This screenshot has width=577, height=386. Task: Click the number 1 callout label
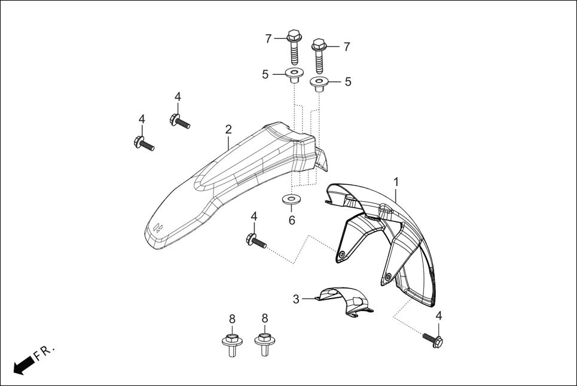[x=396, y=181]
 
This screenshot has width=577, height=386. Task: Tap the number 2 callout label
[x=228, y=129]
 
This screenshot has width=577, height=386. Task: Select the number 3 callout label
[x=296, y=299]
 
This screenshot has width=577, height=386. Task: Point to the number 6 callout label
[x=292, y=220]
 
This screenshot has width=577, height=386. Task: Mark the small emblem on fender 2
[x=157, y=227]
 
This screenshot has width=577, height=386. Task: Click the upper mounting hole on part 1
[x=341, y=256]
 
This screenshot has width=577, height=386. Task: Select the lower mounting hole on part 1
[x=388, y=277]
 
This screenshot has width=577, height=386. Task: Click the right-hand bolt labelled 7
[x=319, y=54]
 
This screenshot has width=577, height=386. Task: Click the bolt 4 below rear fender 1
[x=433, y=340]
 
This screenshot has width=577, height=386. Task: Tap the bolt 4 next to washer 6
[x=255, y=241]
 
